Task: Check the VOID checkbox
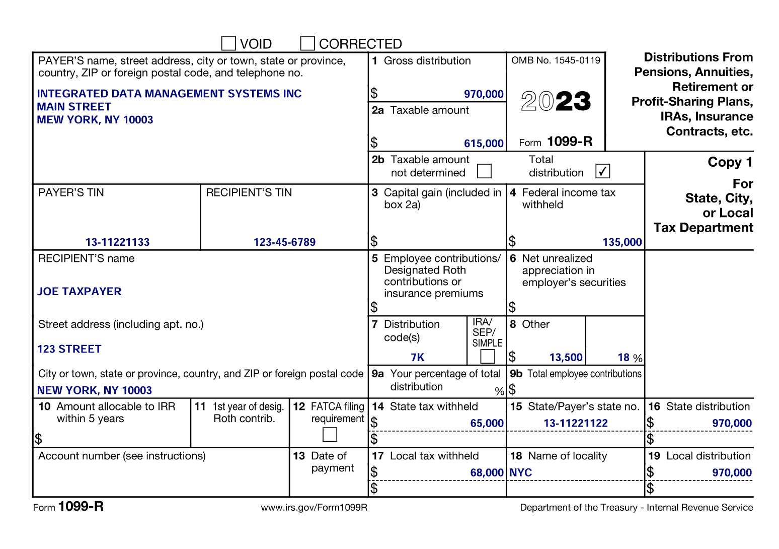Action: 228,43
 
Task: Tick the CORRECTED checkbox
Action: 307,43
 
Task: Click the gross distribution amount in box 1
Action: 483,94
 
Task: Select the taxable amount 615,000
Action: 483,144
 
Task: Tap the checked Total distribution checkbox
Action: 602,171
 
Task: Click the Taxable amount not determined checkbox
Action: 484,171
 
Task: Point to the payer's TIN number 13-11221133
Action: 117,242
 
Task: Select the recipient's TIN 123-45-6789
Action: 284,242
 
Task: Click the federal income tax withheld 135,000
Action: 622,242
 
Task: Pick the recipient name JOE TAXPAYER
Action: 80,292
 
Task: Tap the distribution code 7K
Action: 417,358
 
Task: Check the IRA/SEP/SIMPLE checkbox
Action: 487,357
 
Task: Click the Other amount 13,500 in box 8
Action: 566,358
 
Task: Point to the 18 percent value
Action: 624,358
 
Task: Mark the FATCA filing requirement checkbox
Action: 330,434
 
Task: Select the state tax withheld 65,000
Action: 487,424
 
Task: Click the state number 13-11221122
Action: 576,424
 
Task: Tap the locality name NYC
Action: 521,473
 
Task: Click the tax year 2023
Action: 556,101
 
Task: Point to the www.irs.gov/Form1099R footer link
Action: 314,508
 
